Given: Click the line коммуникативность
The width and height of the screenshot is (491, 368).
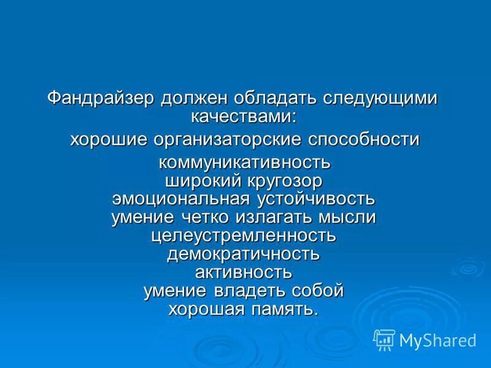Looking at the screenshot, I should [x=245, y=164].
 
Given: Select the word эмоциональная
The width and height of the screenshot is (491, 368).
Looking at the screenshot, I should [x=180, y=199].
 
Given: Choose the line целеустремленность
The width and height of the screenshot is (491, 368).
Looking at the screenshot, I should [x=244, y=235].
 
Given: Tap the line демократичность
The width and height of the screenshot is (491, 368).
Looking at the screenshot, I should [x=244, y=253].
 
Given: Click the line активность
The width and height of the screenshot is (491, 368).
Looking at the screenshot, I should [x=244, y=271].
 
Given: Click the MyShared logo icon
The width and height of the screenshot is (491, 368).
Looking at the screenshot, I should [x=384, y=339].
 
